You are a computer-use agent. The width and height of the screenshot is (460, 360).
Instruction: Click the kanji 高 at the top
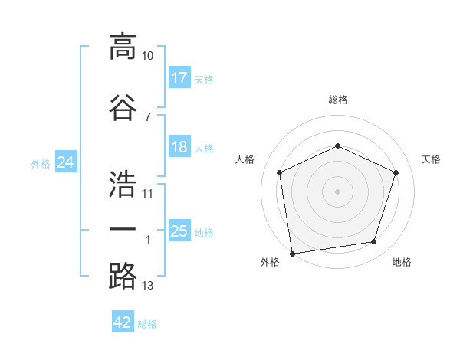point(123,47)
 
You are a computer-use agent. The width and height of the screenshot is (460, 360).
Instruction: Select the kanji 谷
point(123,107)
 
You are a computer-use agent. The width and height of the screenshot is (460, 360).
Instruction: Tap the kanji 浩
point(123,184)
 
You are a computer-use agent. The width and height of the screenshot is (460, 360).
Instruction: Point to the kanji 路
point(123,277)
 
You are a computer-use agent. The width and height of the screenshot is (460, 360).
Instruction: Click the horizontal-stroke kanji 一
point(123,229)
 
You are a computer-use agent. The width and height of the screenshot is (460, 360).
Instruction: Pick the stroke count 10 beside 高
point(147,56)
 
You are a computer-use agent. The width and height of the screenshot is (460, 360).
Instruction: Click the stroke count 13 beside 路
point(147,286)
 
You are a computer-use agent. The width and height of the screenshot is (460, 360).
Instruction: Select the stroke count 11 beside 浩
point(147,194)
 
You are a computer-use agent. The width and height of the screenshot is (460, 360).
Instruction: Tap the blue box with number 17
point(180,77)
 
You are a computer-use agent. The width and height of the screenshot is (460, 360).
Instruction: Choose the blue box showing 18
point(180,146)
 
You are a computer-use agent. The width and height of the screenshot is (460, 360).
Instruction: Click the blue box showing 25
point(180,230)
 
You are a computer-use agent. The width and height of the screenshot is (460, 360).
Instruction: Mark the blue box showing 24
point(66,162)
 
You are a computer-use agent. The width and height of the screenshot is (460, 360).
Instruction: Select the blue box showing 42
point(123,321)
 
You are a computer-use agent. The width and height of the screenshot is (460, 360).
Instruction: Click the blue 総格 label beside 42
point(147,324)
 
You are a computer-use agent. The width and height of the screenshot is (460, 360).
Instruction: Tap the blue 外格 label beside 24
point(41,164)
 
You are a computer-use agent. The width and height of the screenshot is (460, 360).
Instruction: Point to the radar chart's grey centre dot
point(337,191)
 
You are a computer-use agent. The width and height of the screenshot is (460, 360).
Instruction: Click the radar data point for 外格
point(293,254)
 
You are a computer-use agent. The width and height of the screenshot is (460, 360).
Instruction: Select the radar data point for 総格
point(337,146)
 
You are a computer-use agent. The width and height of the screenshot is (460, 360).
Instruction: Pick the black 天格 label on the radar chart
point(431,159)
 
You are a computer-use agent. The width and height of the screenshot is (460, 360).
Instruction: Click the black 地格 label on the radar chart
point(402,262)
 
